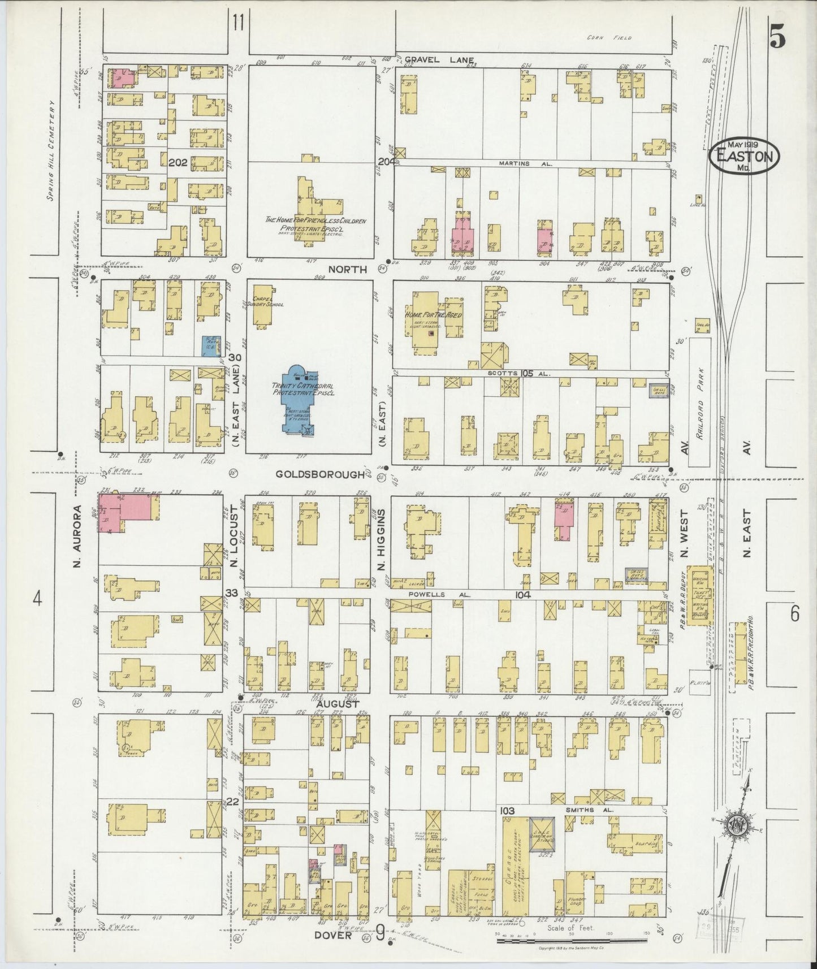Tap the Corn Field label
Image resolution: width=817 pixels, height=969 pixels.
pyautogui.click(x=616, y=38)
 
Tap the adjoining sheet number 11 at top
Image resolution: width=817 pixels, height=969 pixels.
pyautogui.click(x=237, y=23)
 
